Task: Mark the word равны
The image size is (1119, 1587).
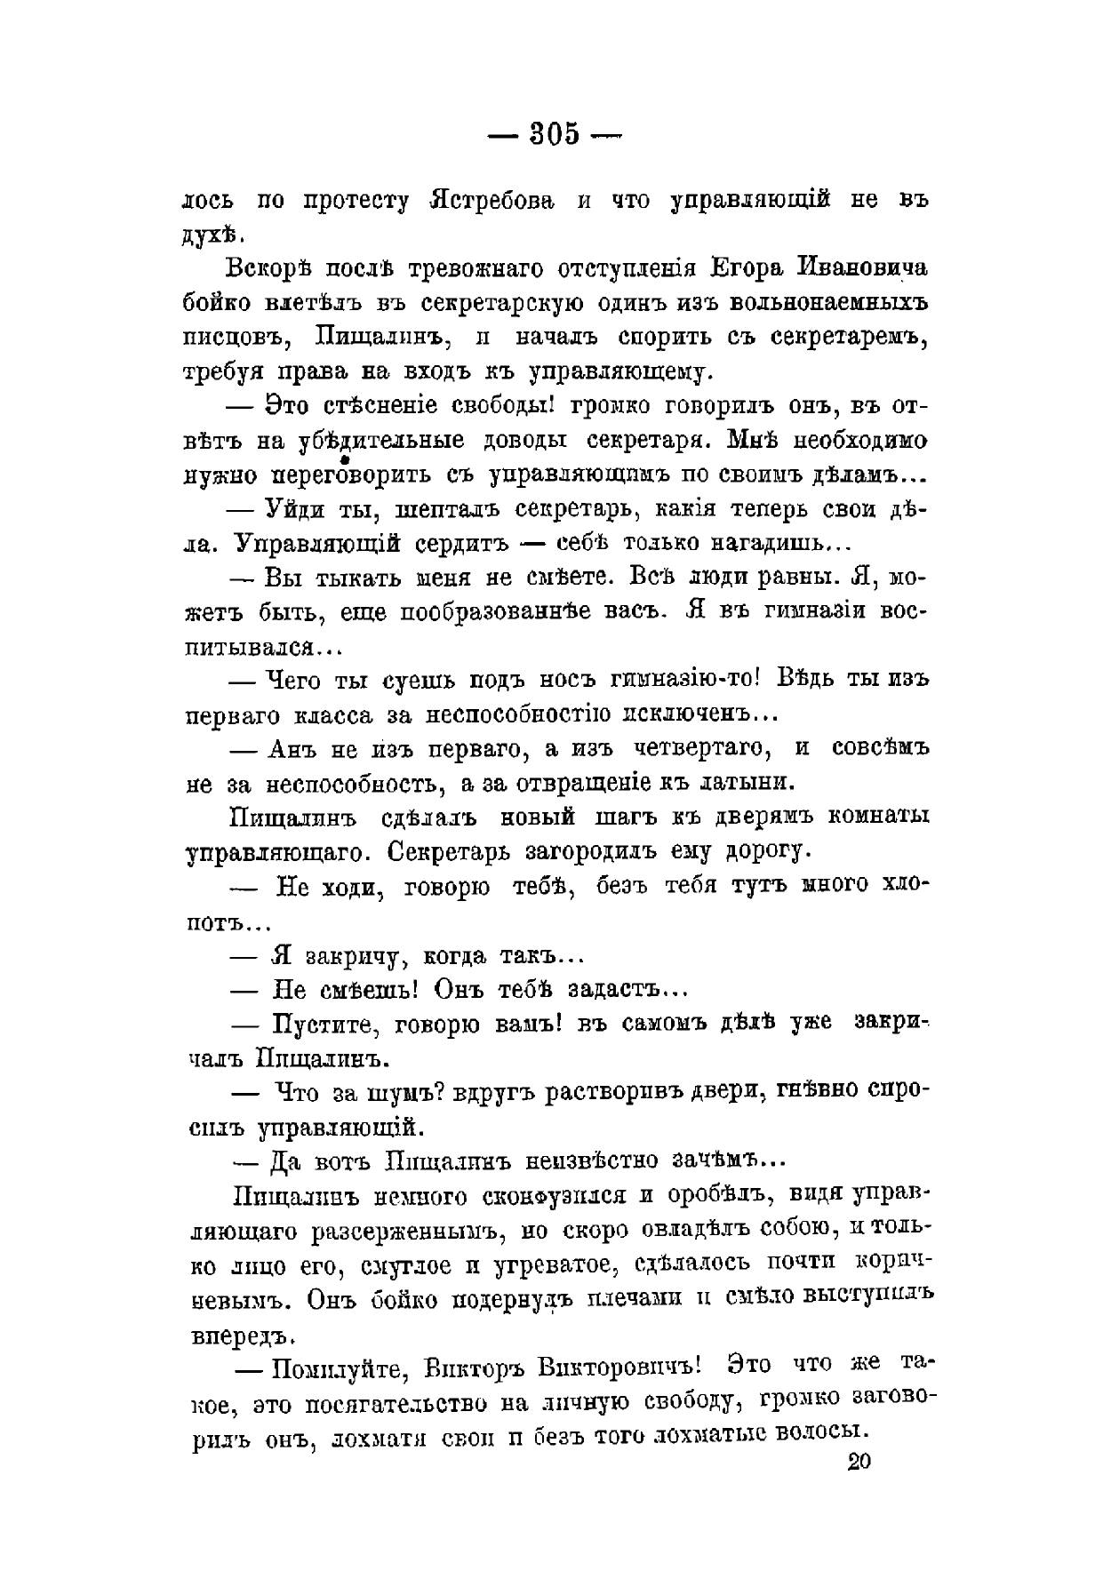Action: pos(795,577)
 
